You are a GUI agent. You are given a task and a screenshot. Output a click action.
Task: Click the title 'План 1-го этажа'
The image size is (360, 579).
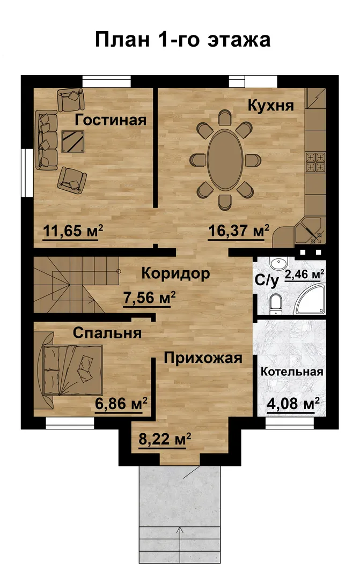coord(182,40)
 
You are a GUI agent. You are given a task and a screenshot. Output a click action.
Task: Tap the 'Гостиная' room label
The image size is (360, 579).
coord(111,120)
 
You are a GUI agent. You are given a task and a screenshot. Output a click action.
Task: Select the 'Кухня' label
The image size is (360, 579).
coord(270,106)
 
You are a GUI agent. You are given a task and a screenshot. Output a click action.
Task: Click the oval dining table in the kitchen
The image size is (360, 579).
coord(225,160)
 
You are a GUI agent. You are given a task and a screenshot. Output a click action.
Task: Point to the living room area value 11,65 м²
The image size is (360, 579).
coord(73,231)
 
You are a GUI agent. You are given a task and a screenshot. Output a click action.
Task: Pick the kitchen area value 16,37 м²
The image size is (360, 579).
coord(239,231)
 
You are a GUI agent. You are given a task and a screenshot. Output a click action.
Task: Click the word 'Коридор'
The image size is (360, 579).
coord(175,273)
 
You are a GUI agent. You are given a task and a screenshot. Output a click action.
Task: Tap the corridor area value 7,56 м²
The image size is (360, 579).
coord(149,298)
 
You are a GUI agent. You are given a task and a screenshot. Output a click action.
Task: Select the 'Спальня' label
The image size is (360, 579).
coord(107,333)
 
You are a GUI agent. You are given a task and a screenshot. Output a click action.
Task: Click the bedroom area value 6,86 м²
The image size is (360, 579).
coord(121,404)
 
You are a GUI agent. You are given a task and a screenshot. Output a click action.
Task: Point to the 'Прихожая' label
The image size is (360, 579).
coord(203,358)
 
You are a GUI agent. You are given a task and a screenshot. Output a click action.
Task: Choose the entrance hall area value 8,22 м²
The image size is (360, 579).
coord(165,439)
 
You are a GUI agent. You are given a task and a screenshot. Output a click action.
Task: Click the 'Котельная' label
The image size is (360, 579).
coord(292,372)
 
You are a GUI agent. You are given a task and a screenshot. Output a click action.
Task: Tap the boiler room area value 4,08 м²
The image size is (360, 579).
coord(293,404)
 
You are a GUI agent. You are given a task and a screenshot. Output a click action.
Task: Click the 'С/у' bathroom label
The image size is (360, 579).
coord(267,280)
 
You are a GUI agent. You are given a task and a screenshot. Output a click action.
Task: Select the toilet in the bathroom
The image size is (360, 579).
coord(275,305)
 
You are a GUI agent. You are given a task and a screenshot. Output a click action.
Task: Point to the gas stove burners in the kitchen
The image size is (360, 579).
coord(315,162)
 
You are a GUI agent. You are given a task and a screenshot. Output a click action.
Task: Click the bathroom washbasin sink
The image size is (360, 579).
coord(277,263)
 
